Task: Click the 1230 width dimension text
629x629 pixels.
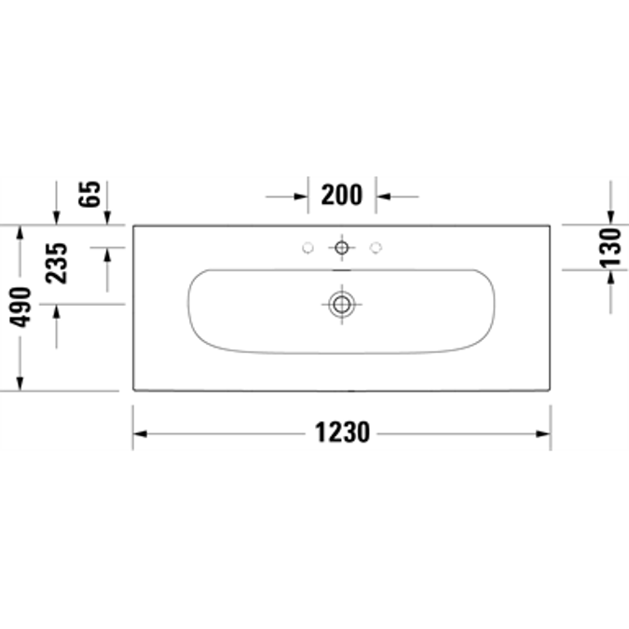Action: [342, 433]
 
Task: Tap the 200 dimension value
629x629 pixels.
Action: [342, 196]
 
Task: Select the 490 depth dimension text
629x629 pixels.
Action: [21, 308]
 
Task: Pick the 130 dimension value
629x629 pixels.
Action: [610, 246]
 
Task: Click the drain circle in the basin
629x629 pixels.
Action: [342, 303]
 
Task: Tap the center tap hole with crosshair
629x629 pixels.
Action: [342, 248]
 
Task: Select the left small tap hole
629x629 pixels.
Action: [307, 248]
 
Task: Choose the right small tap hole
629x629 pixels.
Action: [376, 248]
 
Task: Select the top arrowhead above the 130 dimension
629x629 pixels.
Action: [610, 216]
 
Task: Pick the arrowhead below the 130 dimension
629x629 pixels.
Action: [610, 277]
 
